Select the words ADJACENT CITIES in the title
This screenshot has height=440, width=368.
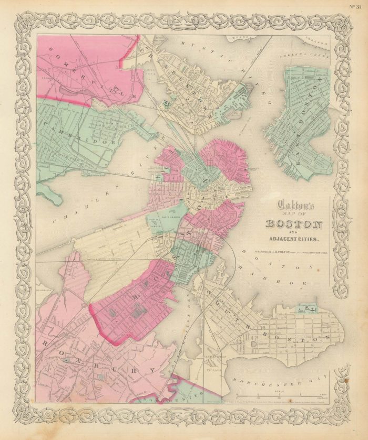pos(294,240)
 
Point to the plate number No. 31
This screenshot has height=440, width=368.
pos(357,6)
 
